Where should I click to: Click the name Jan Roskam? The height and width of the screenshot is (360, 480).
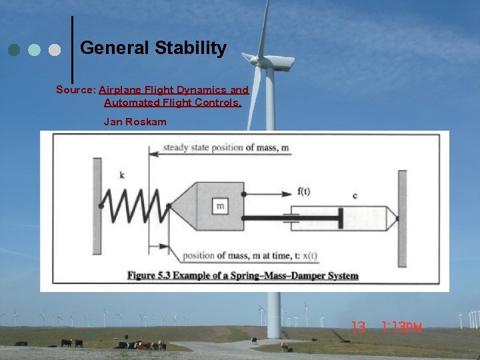click(135, 122)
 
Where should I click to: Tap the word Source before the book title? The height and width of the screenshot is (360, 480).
click(76, 89)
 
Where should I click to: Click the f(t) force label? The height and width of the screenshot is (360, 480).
click(303, 192)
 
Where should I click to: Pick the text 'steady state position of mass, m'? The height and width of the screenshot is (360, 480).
click(226, 147)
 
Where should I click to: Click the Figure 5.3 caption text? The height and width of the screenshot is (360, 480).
click(243, 275)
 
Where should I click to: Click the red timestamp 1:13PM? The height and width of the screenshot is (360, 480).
click(402, 327)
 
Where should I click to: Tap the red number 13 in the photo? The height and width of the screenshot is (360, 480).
click(359, 327)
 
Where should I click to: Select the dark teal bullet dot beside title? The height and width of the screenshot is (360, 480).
click(14, 50)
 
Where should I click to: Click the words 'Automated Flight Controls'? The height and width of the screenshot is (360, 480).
click(173, 103)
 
